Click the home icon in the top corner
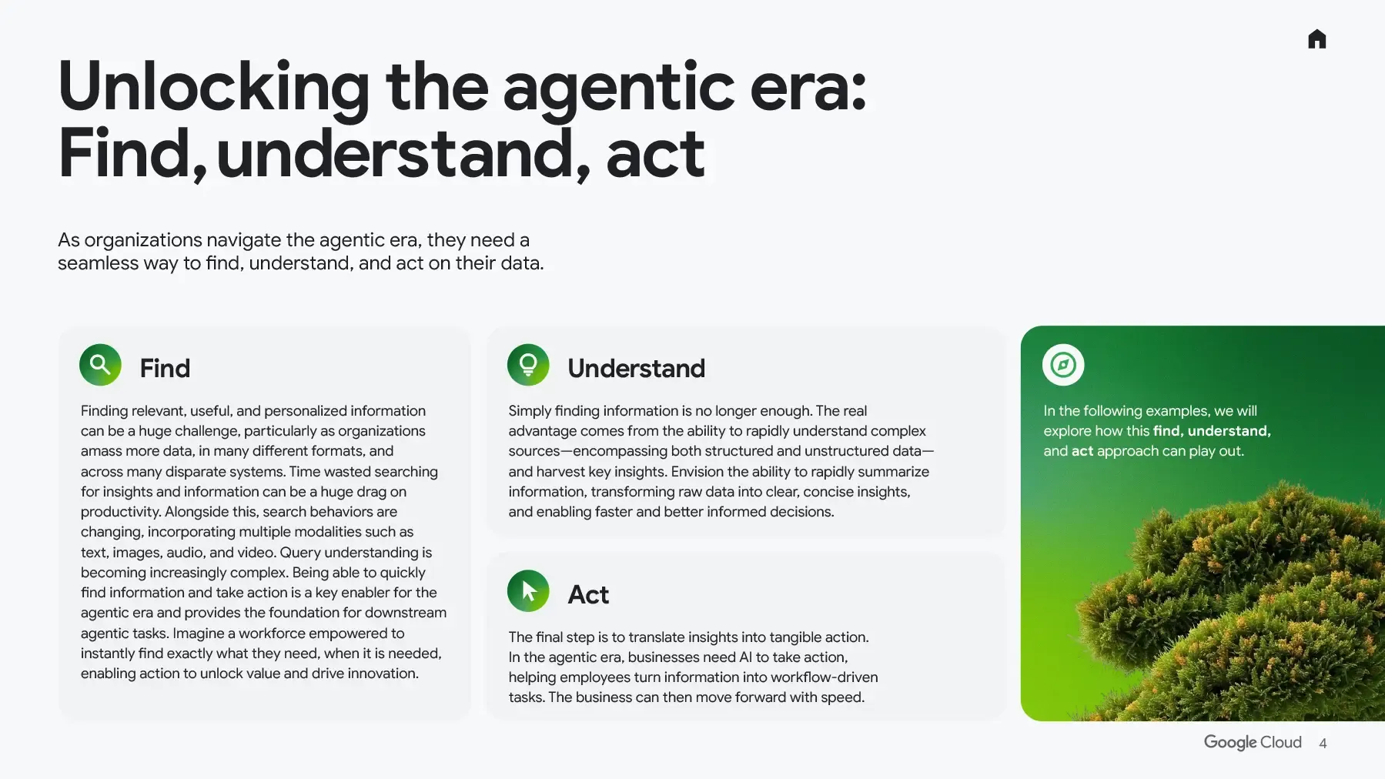coord(1316,39)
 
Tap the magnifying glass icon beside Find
coord(100,365)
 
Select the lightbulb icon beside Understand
coord(528,365)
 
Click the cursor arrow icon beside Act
coord(528,591)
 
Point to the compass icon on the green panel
coord(1063,365)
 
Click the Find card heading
coord(165,369)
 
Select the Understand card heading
coord(636,369)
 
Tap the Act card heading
coord(588,595)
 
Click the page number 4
coord(1323,744)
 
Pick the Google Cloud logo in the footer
coord(1253,742)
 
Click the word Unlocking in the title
coord(214,88)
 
